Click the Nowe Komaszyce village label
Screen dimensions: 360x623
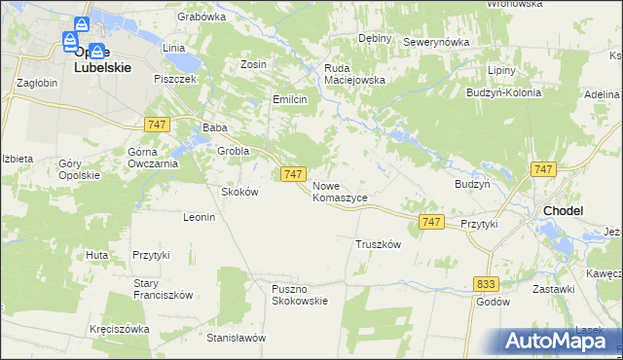[340, 191]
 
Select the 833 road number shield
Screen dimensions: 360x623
[486, 282]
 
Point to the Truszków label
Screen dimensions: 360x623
[378, 244]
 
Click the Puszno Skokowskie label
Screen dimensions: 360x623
[300, 294]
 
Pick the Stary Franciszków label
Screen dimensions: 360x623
[163, 289]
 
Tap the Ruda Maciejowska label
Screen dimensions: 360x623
[355, 74]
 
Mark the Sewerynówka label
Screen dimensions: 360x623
[436, 42]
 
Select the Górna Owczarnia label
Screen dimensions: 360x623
[152, 158]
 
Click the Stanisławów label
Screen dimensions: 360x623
[237, 338]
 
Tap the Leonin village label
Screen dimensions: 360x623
[199, 217]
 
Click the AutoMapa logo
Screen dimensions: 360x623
[554, 341]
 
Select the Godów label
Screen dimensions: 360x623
[493, 302]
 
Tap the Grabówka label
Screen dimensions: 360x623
[202, 17]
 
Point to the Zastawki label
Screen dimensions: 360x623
[553, 289]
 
